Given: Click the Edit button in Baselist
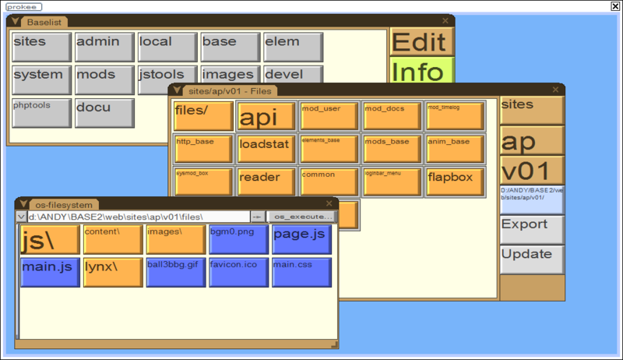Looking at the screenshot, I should (421, 42).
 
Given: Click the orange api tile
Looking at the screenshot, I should (266, 116).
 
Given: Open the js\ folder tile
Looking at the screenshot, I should (49, 239).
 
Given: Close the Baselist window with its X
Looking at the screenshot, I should (445, 21).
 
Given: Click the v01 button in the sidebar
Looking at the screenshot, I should (531, 170).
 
